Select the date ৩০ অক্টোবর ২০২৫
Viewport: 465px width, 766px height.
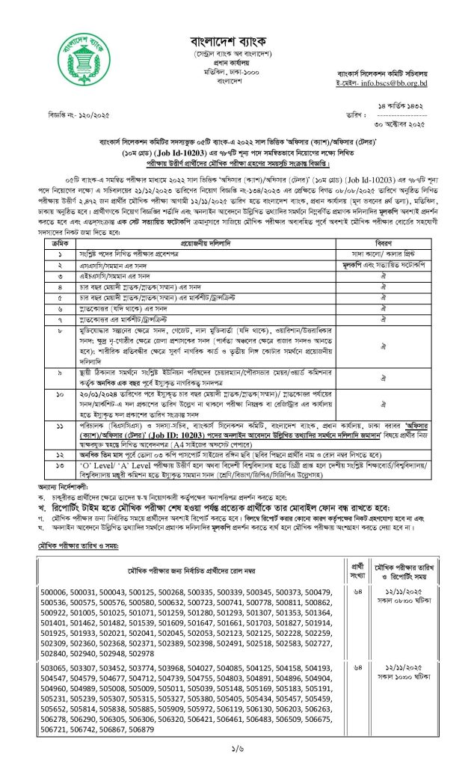(407, 123)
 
